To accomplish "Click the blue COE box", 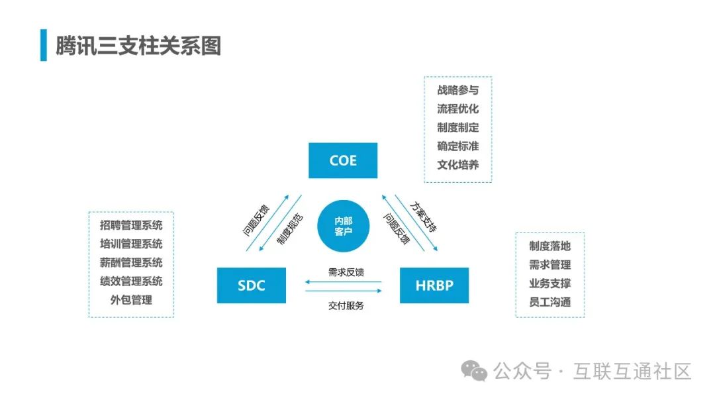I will (343, 160).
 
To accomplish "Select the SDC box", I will (251, 285).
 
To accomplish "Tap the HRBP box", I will (434, 285).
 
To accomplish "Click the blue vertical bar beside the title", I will (44, 45).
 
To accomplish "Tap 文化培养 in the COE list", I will (457, 165).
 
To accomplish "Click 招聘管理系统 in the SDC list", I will (131, 225).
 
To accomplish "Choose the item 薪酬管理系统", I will (131, 262).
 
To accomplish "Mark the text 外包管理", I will (131, 299).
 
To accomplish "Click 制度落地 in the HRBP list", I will (549, 246).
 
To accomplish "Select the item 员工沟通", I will (549, 302).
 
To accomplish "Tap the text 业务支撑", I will (549, 283).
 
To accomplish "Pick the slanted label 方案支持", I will (424, 217).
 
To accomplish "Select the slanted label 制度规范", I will (290, 228).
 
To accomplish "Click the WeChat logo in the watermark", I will (474, 372).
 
